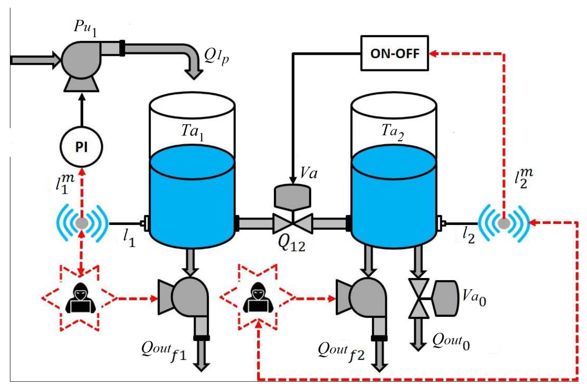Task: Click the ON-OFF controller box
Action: [x=394, y=53]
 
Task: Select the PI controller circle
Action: [x=81, y=147]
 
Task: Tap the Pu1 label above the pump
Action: [x=85, y=28]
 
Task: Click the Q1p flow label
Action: [x=216, y=57]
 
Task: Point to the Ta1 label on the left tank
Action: [x=192, y=132]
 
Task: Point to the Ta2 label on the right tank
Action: [x=392, y=132]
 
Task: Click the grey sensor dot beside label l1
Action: [x=82, y=223]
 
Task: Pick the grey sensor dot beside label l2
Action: [x=504, y=223]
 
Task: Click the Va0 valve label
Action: [x=474, y=298]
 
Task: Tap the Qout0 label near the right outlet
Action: [x=451, y=342]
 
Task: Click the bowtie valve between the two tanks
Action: [x=293, y=223]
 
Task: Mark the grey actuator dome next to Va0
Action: [x=445, y=298]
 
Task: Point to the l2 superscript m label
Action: [x=523, y=178]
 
